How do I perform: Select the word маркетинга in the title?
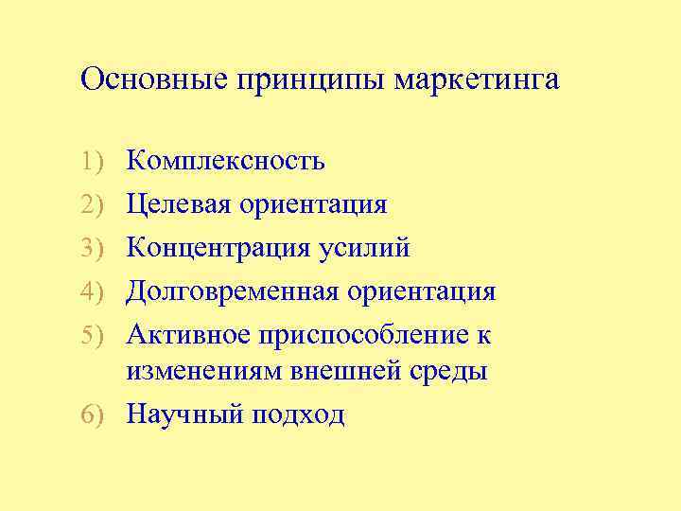point(477,80)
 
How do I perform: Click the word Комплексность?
point(226,161)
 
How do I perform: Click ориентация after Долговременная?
point(422,291)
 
